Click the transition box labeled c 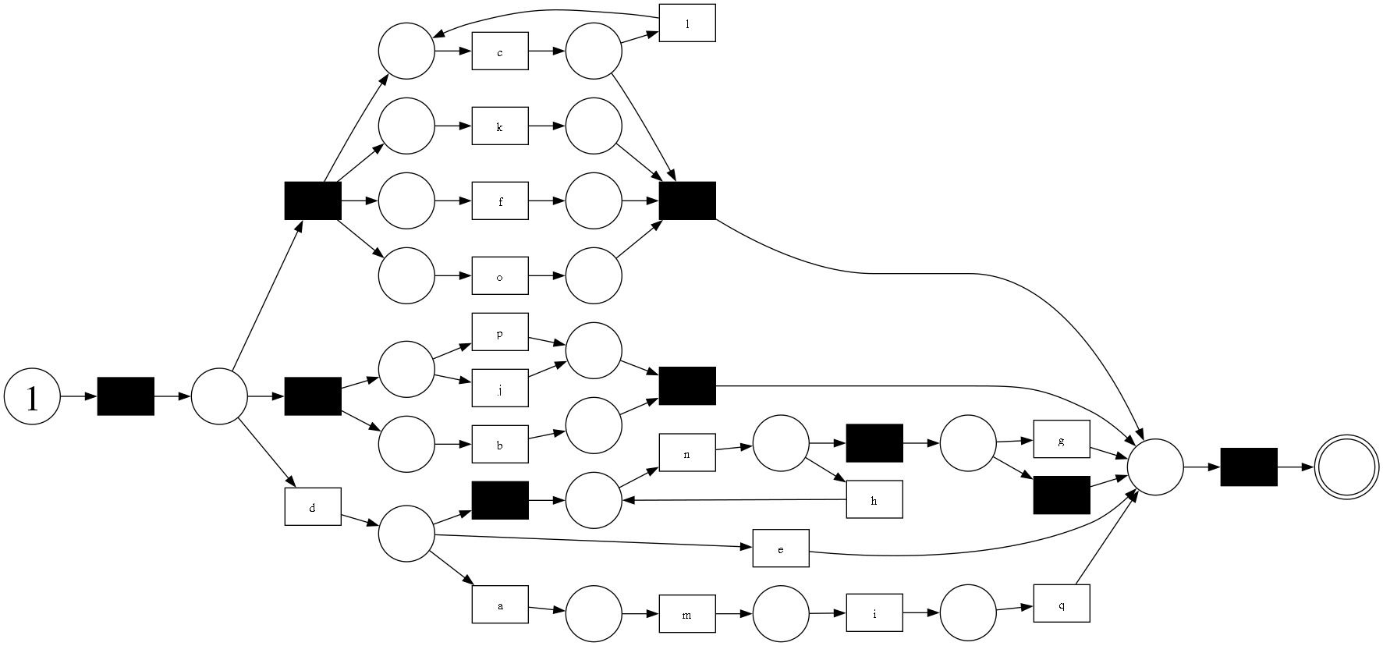pyautogui.click(x=500, y=51)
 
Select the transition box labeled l pyautogui.click(x=687, y=23)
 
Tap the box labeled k pyautogui.click(x=500, y=126)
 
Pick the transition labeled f pyautogui.click(x=500, y=201)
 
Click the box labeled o pyautogui.click(x=500, y=276)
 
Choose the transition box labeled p pyautogui.click(x=500, y=332)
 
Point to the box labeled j pyautogui.click(x=500, y=388)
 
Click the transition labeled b pyautogui.click(x=500, y=445)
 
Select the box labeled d pyautogui.click(x=313, y=506)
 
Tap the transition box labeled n pyautogui.click(x=687, y=453)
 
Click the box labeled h pyautogui.click(x=874, y=499)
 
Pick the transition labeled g pyautogui.click(x=1062, y=439)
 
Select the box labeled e pyautogui.click(x=781, y=548)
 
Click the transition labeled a pyautogui.click(x=500, y=604)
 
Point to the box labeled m pyautogui.click(x=687, y=613)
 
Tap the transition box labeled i pyautogui.click(x=874, y=612)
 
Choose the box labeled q pyautogui.click(x=1062, y=603)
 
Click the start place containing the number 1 pyautogui.click(x=32, y=397)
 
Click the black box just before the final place pyautogui.click(x=1249, y=467)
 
